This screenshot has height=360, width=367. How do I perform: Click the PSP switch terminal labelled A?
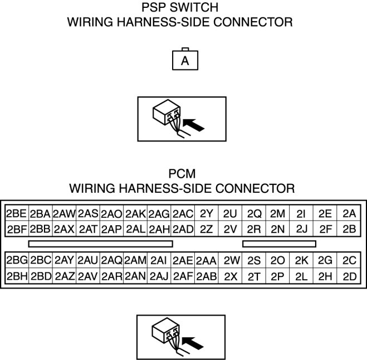coord(185,60)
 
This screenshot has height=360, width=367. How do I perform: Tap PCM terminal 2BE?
coord(16,214)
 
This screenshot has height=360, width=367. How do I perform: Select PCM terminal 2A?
coord(349,214)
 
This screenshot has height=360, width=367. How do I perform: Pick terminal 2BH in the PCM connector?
coord(16,276)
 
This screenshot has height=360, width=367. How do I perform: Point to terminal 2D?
coord(349,276)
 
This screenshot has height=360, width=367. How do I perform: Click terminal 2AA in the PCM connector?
coord(206,260)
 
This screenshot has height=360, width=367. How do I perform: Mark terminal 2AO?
coord(111,214)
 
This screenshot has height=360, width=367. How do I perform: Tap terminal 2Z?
coord(206,228)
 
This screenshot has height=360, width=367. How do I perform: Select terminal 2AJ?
coord(159,276)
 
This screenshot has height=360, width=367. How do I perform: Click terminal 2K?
coord(301,260)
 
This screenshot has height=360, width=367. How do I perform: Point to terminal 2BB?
coord(40,228)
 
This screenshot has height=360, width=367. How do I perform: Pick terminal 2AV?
coord(87,276)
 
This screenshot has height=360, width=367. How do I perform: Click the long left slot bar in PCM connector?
coord(100,244)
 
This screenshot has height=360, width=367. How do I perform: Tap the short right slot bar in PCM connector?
coord(279,244)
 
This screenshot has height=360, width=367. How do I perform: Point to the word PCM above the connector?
coord(183,173)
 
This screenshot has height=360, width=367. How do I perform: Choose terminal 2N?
coord(277,228)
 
